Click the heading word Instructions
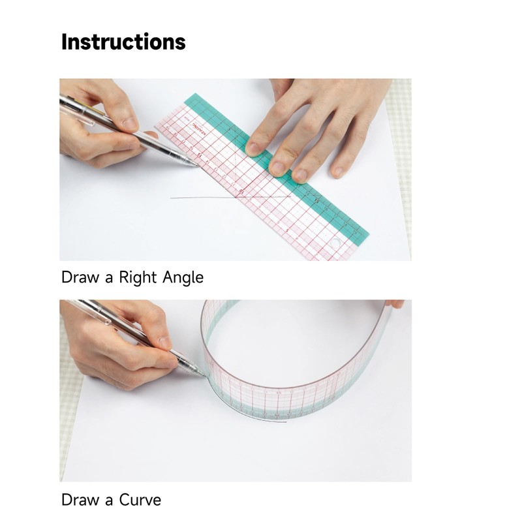click(123, 42)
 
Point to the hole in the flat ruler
click(337, 244)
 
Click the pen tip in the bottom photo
click(203, 374)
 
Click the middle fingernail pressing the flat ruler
click(279, 166)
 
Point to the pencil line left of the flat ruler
click(196, 197)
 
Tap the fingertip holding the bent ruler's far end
click(395, 303)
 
